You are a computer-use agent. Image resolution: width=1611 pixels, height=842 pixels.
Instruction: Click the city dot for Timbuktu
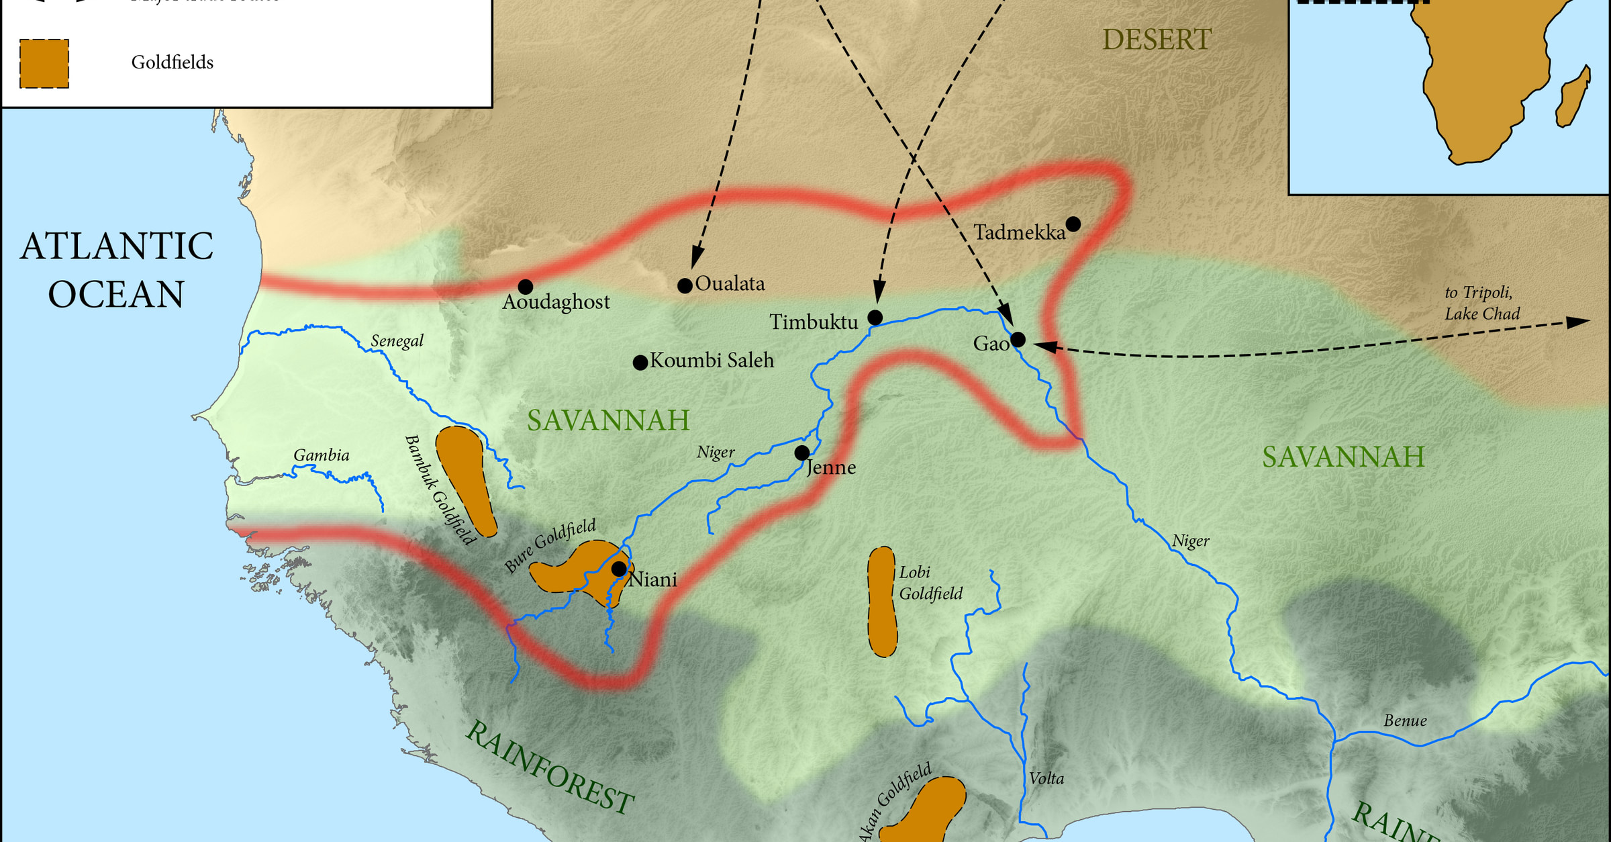pyautogui.click(x=875, y=317)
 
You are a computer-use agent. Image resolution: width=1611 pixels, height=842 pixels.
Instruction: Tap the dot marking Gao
pyautogui.click(x=1018, y=339)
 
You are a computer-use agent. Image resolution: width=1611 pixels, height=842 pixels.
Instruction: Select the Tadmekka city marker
pyautogui.click(x=1073, y=224)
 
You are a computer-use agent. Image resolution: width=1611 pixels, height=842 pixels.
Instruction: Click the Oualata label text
pyautogui.click(x=730, y=283)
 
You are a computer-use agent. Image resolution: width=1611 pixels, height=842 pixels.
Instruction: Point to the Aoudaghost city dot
pyautogui.click(x=526, y=287)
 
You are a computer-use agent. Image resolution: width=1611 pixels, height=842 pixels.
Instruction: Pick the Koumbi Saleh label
pyautogui.click(x=712, y=361)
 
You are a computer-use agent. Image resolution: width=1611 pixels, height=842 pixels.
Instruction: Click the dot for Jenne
pyautogui.click(x=801, y=453)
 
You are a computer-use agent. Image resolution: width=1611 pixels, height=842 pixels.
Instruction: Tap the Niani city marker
pyautogui.click(x=619, y=569)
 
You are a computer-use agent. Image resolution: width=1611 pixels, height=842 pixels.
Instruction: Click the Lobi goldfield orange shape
pyautogui.click(x=882, y=601)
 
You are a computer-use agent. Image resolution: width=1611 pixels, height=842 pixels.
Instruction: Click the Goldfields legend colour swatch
pyautogui.click(x=44, y=64)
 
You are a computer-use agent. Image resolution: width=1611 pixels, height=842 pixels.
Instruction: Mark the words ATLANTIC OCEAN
pyautogui.click(x=117, y=270)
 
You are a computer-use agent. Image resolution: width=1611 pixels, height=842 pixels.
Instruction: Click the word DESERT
pyautogui.click(x=1157, y=40)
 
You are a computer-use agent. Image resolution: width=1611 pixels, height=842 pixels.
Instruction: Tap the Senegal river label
pyautogui.click(x=397, y=341)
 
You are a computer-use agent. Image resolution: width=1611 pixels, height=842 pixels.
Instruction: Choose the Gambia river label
pyautogui.click(x=322, y=455)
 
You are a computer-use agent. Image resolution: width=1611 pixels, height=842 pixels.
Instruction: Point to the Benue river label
pyautogui.click(x=1405, y=720)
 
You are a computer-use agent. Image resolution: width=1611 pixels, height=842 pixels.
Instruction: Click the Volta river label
pyautogui.click(x=1046, y=778)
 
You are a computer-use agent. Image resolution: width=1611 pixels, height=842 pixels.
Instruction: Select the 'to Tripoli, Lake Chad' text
pyautogui.click(x=1482, y=303)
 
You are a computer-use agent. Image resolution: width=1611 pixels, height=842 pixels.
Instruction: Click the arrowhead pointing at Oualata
pyautogui.click(x=697, y=258)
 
